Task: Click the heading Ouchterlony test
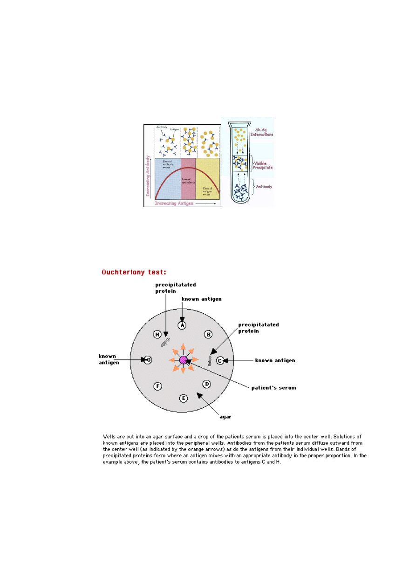tap(134, 272)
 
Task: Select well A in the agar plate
tap(182, 325)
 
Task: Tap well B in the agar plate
tap(209, 334)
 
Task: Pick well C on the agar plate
tap(220, 360)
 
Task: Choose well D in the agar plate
tap(207, 384)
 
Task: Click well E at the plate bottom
tap(184, 398)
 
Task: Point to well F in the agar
tap(158, 386)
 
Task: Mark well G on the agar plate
tap(148, 360)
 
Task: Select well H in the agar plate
tap(157, 334)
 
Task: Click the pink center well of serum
tap(183, 360)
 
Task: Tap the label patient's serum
tap(274, 387)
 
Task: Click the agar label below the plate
tap(226, 417)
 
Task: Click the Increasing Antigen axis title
tap(174, 203)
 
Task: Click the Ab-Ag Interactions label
tap(264, 132)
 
